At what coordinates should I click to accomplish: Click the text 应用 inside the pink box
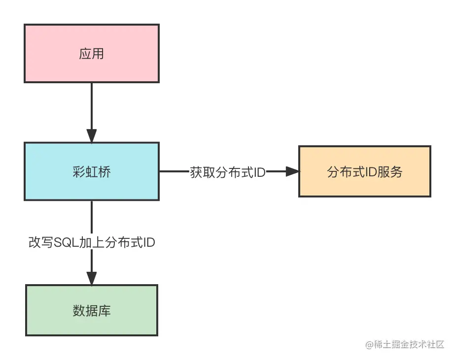[92, 53]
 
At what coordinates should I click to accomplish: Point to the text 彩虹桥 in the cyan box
[92, 172]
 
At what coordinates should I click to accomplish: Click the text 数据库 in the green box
[92, 311]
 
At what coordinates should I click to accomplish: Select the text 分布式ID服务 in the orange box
[364, 172]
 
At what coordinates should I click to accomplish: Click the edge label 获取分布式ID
[228, 172]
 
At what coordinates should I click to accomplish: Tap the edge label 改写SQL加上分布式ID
[92, 243]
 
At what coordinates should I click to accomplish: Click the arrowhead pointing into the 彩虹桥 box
[92, 136]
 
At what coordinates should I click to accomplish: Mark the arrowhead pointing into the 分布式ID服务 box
[292, 171]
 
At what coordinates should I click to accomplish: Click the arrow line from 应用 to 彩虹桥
[92, 106]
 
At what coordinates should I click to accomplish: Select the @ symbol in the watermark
[369, 345]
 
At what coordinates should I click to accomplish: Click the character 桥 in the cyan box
[105, 172]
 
